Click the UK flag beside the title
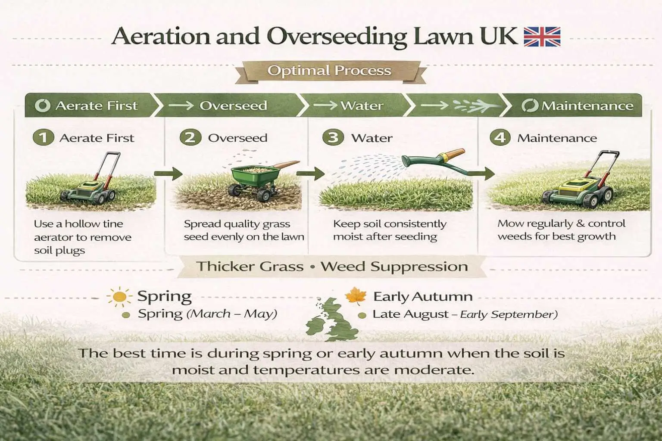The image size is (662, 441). (x=542, y=37)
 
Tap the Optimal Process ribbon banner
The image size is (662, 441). (x=329, y=71)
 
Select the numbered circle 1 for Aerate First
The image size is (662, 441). (x=43, y=138)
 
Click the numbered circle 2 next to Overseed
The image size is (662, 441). (x=190, y=138)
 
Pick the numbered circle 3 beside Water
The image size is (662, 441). (x=333, y=138)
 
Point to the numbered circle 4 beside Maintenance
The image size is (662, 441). (x=500, y=138)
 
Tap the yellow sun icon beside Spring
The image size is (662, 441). (x=119, y=297)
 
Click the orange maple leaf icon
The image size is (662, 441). (x=356, y=296)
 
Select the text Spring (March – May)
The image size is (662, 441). (x=207, y=314)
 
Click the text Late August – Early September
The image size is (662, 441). (x=465, y=314)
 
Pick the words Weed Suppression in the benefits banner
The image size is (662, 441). (x=394, y=267)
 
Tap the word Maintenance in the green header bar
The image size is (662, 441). (x=587, y=106)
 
